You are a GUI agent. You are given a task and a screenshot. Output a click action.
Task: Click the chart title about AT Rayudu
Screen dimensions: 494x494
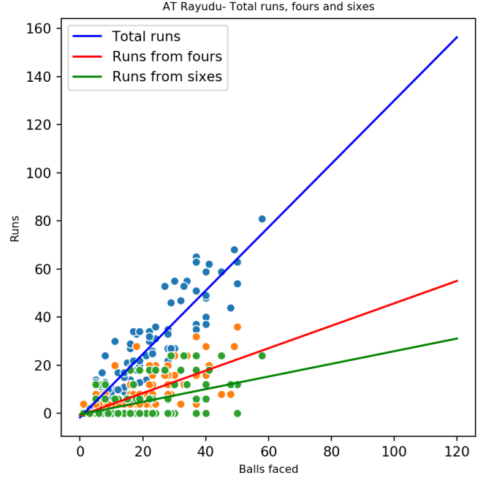pos(267,7)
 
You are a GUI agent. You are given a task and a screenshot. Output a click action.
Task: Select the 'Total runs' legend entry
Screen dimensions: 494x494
pos(145,37)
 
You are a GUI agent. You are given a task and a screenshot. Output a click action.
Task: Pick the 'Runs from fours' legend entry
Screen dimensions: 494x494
pos(167,56)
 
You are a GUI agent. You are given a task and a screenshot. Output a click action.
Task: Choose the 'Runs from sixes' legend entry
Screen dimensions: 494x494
pos(167,76)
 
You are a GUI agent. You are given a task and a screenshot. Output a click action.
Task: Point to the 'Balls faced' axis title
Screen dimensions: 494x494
pos(268,469)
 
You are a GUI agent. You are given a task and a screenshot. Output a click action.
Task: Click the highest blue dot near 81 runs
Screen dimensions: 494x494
pos(262,218)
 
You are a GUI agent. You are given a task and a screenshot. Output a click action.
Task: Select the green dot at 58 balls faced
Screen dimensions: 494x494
pos(262,356)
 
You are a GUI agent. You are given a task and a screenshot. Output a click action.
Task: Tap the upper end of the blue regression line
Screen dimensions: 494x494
pos(457,37)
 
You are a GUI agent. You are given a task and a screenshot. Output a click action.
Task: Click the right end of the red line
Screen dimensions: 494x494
pos(457,281)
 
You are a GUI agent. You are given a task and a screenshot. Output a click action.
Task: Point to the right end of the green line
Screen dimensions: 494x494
pos(457,338)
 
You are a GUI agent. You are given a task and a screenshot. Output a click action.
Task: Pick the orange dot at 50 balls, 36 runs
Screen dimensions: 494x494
pos(237,327)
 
